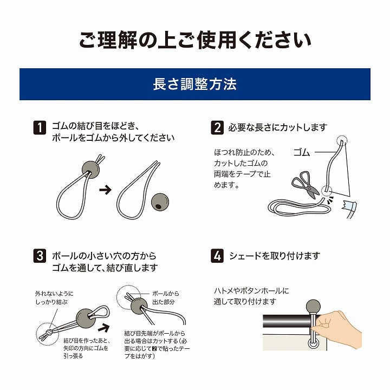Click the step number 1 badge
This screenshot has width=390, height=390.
tap(40, 128)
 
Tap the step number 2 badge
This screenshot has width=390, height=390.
tap(217, 128)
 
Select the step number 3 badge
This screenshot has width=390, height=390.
tap(40, 256)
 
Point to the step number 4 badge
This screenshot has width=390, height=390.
tap(217, 256)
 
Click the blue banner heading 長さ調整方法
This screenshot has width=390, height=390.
tap(195, 84)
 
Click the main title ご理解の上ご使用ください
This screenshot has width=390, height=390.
tap(195, 40)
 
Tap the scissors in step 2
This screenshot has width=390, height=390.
tap(305, 185)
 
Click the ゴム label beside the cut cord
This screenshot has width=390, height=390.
tap(302, 152)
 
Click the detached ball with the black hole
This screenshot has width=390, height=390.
tap(160, 202)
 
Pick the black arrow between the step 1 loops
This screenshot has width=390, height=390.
tap(105, 190)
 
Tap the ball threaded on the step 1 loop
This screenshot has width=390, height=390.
tap(90, 170)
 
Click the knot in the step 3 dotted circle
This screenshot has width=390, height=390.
tap(49, 332)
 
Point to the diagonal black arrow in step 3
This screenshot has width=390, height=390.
tap(103, 328)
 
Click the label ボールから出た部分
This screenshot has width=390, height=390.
tap(165, 298)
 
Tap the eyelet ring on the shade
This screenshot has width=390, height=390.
tap(313, 344)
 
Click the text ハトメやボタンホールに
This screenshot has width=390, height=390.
tap(251, 291)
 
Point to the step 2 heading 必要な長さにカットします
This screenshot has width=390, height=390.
tap(277, 128)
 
